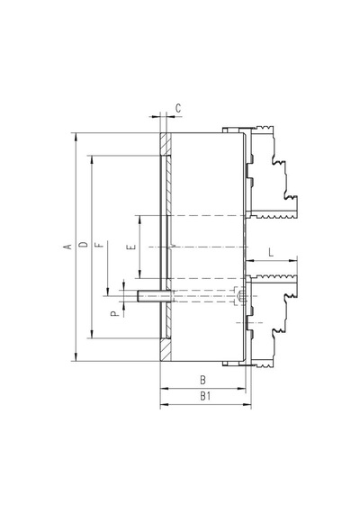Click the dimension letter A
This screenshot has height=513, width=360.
point(67,247)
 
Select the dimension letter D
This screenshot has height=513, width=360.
point(84,245)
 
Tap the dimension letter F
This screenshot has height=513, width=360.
point(101,245)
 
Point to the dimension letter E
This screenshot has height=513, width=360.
point(132,247)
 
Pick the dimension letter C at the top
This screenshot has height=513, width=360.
point(178,108)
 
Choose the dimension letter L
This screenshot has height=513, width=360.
point(271,253)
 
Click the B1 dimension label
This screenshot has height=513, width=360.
point(205,396)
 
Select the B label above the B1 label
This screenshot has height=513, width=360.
point(202,380)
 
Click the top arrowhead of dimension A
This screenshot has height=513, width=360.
point(76,137)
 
